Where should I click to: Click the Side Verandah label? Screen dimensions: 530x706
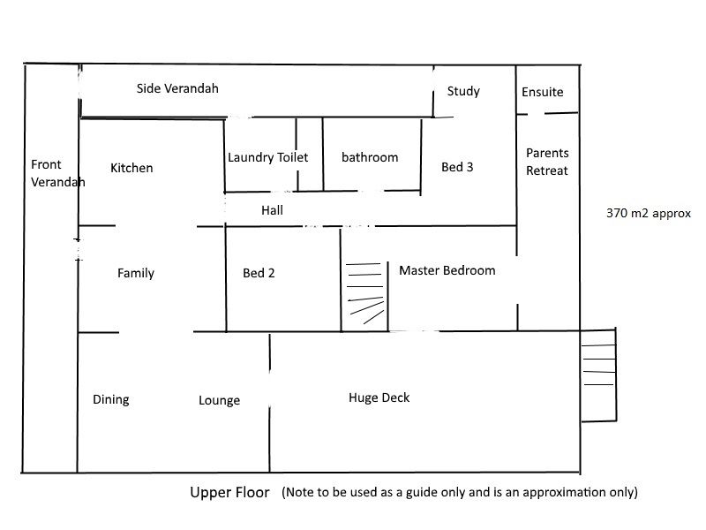[177, 88]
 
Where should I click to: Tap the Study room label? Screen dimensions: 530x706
[463, 91]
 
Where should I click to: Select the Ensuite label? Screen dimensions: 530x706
[542, 92]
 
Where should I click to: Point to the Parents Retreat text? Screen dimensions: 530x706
[547, 162]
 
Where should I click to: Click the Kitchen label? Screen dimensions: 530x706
[131, 168]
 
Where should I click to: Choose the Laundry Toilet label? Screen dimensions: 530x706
[267, 157]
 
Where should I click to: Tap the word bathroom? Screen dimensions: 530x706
[370, 157]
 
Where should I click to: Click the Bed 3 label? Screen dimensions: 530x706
[457, 166]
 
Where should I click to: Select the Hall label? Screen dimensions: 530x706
[272, 210]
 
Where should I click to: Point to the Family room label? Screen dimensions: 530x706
[136, 273]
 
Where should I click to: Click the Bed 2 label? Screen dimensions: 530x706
[259, 273]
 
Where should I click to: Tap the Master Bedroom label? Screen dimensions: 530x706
[447, 270]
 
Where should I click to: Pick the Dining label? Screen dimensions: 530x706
[111, 399]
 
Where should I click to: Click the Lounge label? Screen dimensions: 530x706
[219, 400]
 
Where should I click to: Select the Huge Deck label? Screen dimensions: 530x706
[379, 397]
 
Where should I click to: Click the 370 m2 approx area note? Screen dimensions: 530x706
[648, 213]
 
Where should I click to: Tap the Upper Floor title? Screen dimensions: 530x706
[229, 492]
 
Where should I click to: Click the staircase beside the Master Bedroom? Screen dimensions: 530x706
[364, 293]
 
